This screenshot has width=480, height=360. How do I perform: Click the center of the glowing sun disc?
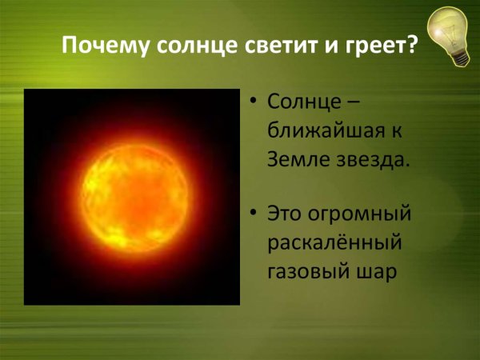pyautogui.click(x=131, y=197)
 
